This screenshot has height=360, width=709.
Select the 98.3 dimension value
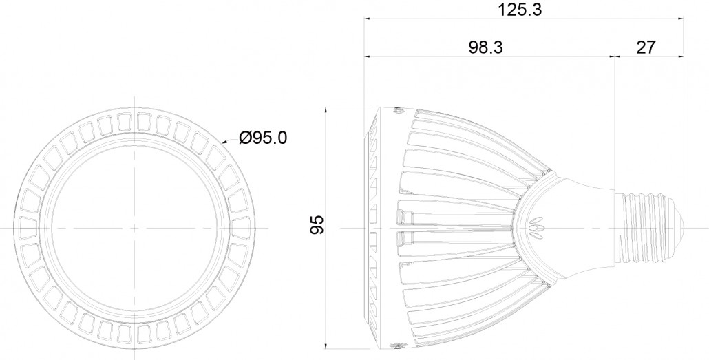tap(486, 47)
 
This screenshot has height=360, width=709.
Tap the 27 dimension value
tap(645, 47)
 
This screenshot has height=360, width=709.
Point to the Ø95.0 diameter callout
tap(264, 138)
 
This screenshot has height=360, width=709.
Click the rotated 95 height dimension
tap(317, 226)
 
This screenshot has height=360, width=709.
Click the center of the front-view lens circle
tap(136, 226)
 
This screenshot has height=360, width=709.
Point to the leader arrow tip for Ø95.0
tap(222, 142)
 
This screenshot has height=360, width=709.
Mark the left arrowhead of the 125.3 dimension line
tap(367, 20)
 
